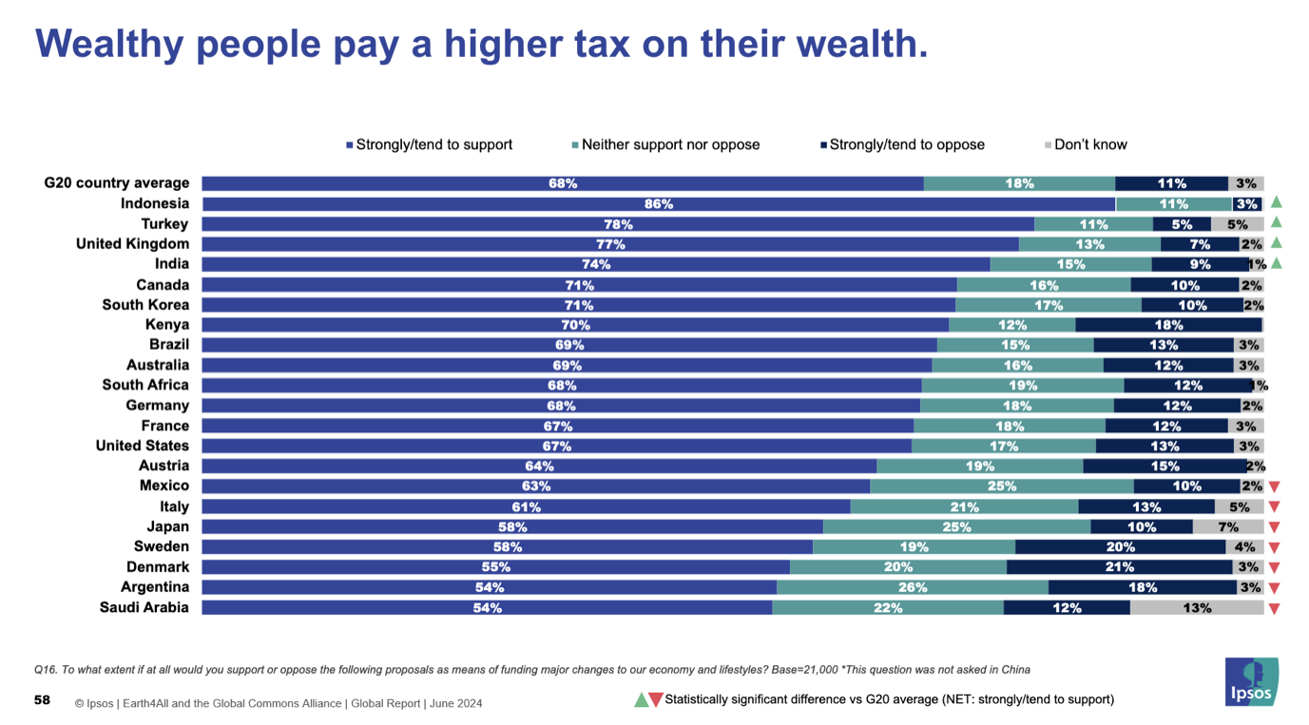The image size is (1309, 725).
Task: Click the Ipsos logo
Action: coord(1251,681)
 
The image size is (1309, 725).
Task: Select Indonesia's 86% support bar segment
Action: coord(658,204)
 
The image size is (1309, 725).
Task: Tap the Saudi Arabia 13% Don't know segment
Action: coord(1196,608)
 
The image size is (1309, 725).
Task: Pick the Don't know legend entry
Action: coord(1086,145)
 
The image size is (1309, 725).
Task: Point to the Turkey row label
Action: coord(164,224)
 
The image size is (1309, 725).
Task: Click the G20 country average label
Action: coord(117,183)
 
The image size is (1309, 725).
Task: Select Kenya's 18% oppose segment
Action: coord(1168,325)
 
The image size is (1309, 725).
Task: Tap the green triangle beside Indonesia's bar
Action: coord(1277,202)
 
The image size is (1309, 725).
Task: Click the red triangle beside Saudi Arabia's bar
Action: coord(1275,609)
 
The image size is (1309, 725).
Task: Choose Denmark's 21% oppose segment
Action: coord(1119,567)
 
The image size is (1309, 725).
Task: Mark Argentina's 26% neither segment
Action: coord(912,588)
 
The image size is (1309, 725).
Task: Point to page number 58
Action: coord(42,700)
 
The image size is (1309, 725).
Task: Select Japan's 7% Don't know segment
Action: coord(1227,527)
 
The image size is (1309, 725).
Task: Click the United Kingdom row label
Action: coord(132,244)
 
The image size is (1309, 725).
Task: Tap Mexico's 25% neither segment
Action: coord(1001,487)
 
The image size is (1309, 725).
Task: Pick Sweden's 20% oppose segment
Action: coord(1120,547)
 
